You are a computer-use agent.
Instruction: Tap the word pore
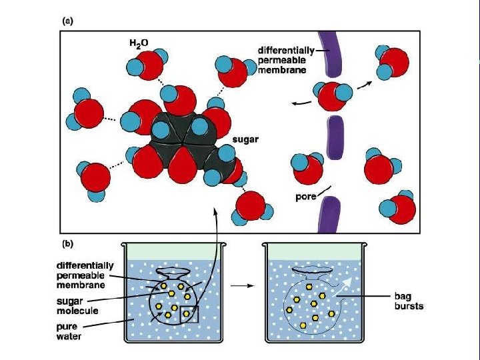tap(305, 197)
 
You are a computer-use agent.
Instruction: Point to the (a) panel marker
tap(67, 21)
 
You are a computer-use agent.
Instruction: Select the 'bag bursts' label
tap(409, 302)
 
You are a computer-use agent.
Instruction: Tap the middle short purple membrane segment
tap(336, 138)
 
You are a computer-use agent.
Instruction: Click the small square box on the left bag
tap(189, 313)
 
